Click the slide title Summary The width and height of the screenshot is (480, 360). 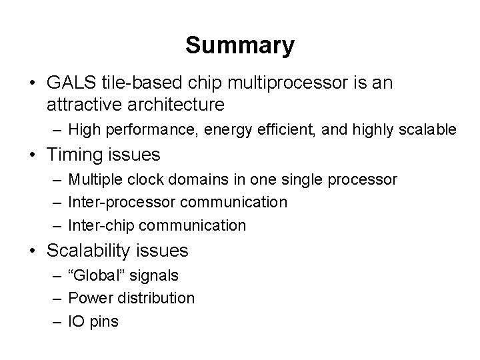click(x=239, y=45)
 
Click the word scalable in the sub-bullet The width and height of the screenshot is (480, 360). click(x=427, y=129)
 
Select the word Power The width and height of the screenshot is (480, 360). click(x=90, y=298)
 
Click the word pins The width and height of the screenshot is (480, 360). click(x=104, y=321)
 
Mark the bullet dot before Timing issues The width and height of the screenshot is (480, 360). click(x=31, y=155)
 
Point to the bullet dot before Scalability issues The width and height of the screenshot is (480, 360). click(x=31, y=251)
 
